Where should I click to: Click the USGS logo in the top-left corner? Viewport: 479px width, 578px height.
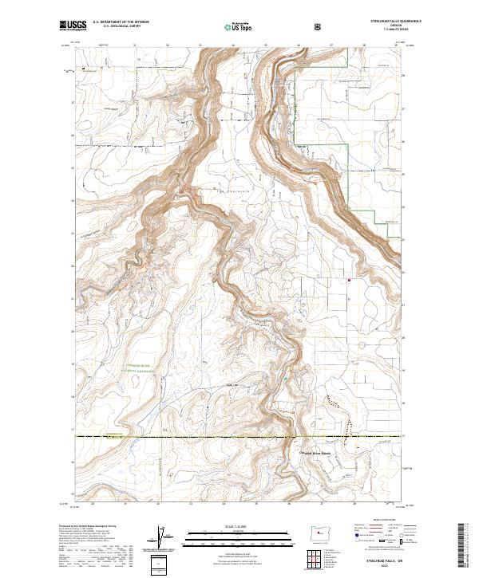click(x=73, y=26)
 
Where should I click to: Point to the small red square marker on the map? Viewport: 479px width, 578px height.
click(x=350, y=280)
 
